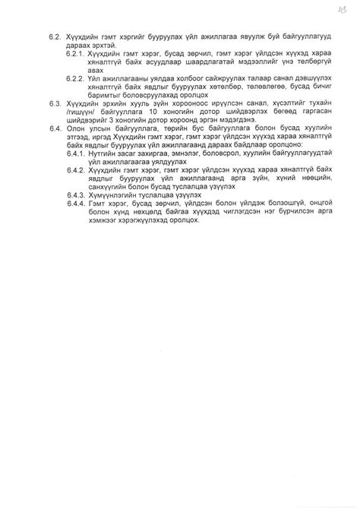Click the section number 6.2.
(x=55, y=36)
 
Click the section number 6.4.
(x=55, y=130)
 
